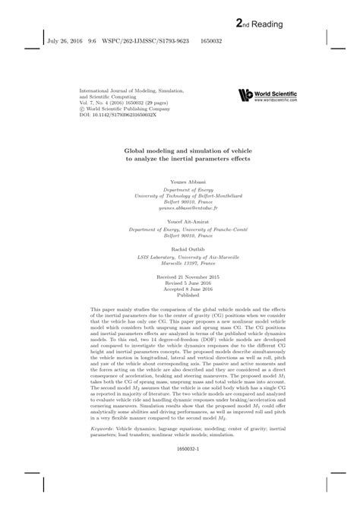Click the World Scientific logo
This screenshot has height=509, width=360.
266,95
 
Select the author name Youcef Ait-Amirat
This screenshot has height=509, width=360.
180,221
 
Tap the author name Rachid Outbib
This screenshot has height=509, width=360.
180,247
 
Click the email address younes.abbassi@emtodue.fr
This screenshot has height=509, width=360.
180,207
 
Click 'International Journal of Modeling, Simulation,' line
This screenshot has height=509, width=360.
132,89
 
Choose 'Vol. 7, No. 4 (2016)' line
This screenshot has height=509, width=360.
106,102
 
